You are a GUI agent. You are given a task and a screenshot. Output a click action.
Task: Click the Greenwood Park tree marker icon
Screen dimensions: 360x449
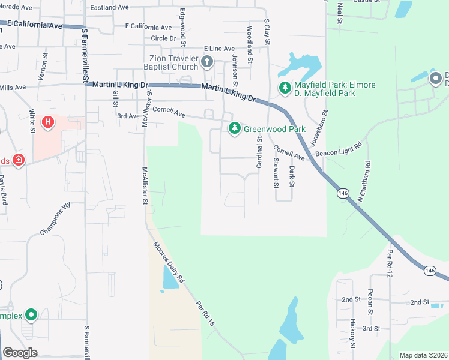point(234,128)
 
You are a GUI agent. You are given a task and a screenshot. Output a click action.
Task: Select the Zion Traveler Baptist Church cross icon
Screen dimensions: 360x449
point(207,61)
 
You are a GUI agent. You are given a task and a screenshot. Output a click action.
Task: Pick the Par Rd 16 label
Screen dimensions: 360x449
point(205,313)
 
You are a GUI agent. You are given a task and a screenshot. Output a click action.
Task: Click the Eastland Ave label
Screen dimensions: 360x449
point(109,8)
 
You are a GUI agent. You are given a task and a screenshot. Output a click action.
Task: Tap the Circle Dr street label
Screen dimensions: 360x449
point(163,38)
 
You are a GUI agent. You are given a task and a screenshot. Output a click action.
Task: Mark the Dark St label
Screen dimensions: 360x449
point(292,176)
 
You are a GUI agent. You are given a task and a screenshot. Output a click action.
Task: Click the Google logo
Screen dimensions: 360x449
point(20,352)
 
